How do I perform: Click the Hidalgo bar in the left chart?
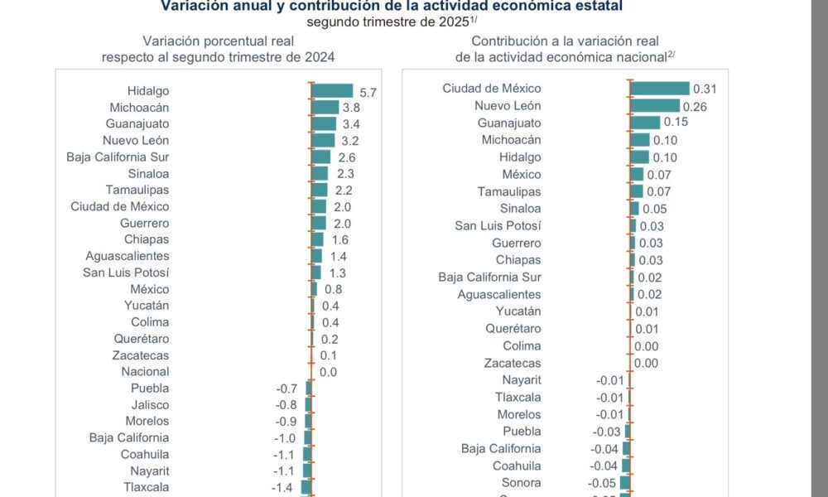pos(332,91)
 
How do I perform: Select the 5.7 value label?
pos(368,93)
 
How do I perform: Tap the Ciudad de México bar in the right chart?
pos(659,89)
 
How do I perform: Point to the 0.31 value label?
pos(705,89)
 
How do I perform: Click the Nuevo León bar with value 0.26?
pos(654,106)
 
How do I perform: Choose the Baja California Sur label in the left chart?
pos(118,157)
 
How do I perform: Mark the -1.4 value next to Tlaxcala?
pos(282,487)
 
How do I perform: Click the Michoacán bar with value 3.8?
pos(325,108)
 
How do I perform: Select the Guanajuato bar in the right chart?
pos(645,123)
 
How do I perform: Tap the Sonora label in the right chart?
pos(521,483)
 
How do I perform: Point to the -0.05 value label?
pos(604,483)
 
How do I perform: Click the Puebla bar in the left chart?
pos(308,388)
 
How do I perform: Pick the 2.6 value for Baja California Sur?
pos(345,157)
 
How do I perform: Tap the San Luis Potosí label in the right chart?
pos(498,225)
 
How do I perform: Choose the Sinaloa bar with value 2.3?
pos(320,173)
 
